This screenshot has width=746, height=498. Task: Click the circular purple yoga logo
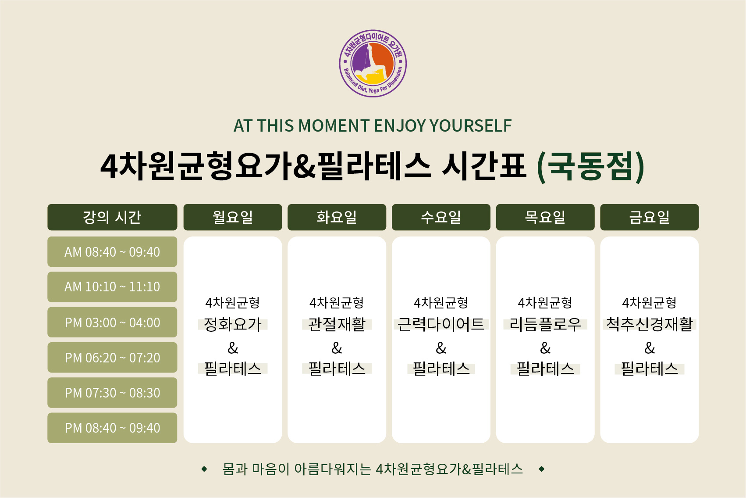pos(373,63)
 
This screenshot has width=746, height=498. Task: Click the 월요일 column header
pos(232,217)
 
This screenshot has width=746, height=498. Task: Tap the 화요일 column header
pos(337,217)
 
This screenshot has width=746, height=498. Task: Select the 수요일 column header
pos(441,217)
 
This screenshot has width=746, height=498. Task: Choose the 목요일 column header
pos(545,217)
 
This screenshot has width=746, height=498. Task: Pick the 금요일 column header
pos(650,217)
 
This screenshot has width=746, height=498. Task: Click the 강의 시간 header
pos(112,217)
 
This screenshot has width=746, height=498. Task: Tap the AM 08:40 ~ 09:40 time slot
pos(112,252)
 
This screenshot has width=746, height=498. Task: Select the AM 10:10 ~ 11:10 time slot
pos(112,287)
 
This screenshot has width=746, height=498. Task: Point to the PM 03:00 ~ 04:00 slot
pos(112,322)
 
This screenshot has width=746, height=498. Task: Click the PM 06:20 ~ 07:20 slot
pos(112,357)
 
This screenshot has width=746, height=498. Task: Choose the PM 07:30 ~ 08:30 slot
pos(112,393)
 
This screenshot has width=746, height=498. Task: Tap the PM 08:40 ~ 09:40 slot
pos(112,428)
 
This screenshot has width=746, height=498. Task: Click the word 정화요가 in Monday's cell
pos(232,324)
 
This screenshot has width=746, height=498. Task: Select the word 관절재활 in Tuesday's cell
pos(337,324)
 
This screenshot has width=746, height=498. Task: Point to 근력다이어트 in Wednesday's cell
pos(441,324)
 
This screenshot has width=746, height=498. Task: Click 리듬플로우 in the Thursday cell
pos(545,324)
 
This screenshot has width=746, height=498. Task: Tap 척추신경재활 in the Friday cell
pos(650,324)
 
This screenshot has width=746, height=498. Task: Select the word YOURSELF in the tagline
pos(471,125)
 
